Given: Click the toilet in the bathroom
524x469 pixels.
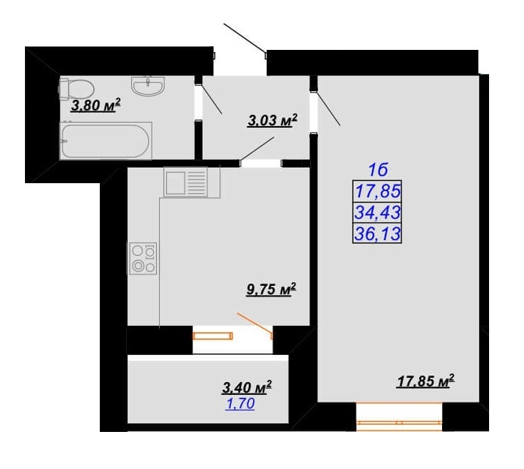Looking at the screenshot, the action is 76,88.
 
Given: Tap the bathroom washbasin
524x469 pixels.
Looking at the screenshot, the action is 148,86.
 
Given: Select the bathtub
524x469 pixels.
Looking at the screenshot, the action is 106,140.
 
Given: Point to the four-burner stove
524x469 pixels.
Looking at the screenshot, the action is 143,258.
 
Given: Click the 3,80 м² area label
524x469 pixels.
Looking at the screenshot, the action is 96,105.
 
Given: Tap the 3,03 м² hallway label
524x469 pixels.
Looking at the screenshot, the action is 272,120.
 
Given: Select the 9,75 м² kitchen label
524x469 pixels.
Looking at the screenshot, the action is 271,289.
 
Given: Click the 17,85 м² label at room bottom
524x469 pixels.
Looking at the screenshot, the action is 426,381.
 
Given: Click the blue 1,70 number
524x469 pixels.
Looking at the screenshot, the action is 240,404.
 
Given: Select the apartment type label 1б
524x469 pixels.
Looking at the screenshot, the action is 378,170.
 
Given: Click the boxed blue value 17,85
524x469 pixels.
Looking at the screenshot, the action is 378,192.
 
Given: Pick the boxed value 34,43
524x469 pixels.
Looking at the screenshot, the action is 378,212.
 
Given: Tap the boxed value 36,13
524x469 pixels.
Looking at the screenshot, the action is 378,233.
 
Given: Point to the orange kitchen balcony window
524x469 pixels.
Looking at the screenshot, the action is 212,336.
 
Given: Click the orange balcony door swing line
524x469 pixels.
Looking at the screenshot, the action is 255,323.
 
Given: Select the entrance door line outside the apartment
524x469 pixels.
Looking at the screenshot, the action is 245,38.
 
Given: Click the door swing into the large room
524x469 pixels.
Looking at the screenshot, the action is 328,108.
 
